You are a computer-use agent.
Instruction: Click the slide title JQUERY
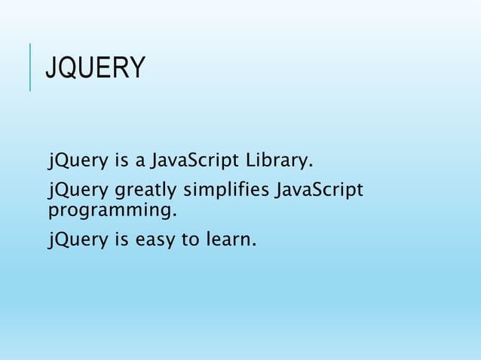[x=94, y=68]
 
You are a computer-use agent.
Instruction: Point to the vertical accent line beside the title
[x=29, y=67]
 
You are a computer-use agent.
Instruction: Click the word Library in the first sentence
[x=279, y=160]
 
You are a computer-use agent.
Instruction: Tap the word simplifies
[x=228, y=188]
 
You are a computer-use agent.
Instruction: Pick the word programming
[x=113, y=208]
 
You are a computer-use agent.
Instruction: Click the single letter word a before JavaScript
[x=139, y=160]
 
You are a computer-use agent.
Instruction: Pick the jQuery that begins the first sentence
[x=78, y=160]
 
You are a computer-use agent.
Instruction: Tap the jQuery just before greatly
[x=78, y=188]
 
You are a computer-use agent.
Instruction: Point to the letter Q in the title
[x=66, y=68]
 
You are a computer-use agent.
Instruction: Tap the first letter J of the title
[x=50, y=68]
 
